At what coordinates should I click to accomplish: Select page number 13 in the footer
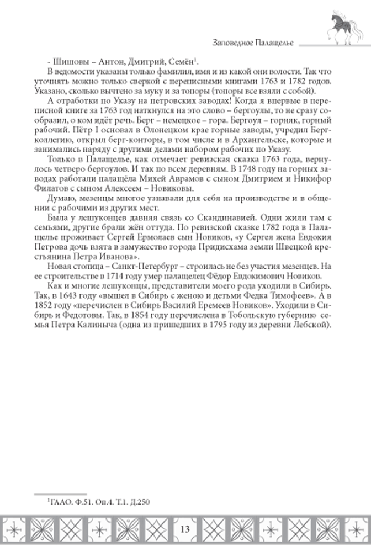click(x=185, y=529)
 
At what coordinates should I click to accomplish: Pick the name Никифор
click(x=314, y=179)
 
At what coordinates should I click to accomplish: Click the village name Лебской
click(x=311, y=324)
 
